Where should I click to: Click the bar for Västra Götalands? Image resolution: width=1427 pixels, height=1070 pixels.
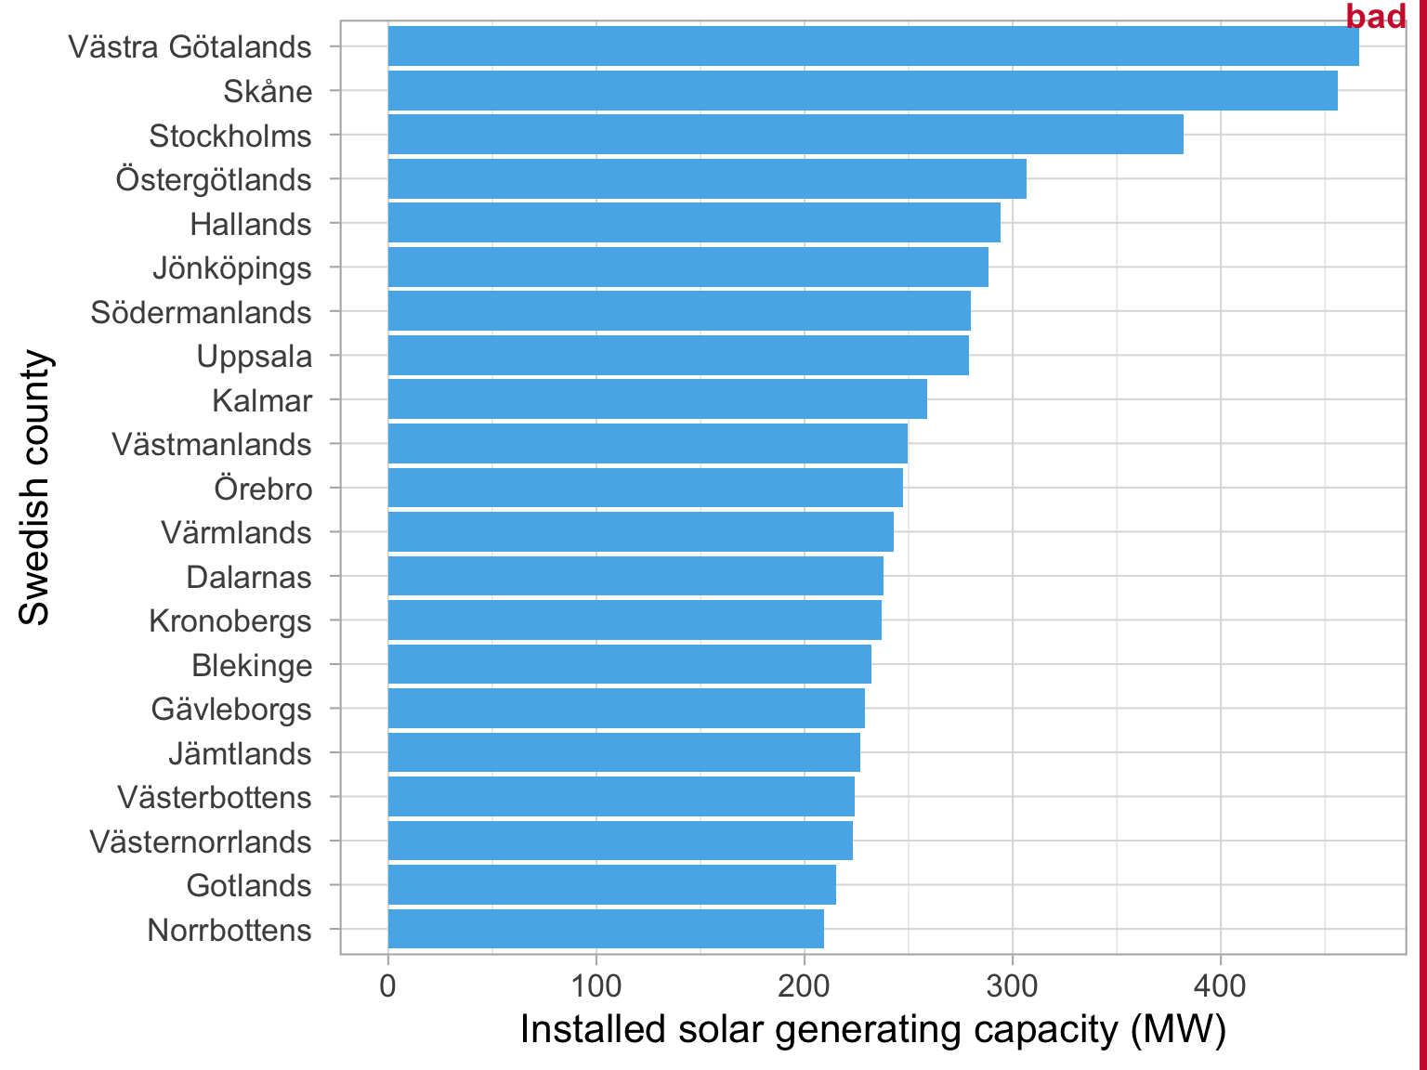(x=873, y=46)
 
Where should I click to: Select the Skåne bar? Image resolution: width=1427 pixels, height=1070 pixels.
(x=862, y=91)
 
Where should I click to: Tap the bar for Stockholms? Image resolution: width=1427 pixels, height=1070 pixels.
(x=785, y=135)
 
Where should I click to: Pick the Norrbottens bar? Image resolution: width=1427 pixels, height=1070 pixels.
(x=606, y=929)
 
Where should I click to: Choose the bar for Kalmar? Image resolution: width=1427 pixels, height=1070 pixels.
(x=657, y=399)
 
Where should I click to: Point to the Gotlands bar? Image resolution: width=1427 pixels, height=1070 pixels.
(x=611, y=884)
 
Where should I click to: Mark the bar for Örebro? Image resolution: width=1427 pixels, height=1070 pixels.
(x=645, y=488)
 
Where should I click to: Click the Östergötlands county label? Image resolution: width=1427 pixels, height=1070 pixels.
(x=214, y=179)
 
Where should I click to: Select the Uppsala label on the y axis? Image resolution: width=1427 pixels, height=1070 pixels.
(x=255, y=356)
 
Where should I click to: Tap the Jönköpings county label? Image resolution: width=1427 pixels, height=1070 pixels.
(x=232, y=267)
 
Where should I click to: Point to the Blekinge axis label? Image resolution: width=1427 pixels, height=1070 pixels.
(x=252, y=665)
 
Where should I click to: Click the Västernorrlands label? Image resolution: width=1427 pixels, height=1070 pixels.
(x=201, y=842)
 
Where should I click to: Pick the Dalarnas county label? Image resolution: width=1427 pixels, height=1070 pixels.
(x=249, y=577)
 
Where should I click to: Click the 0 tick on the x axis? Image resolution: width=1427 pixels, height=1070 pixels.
(x=387, y=985)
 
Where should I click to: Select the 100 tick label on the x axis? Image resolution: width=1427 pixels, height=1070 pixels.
(x=596, y=985)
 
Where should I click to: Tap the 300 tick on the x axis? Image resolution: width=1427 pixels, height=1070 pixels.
(x=1012, y=985)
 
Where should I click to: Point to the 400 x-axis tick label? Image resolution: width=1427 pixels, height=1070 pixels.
(x=1220, y=985)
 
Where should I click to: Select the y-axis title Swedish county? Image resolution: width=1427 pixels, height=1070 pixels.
(x=35, y=487)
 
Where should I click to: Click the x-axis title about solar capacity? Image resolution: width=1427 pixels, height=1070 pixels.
(x=873, y=1029)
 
